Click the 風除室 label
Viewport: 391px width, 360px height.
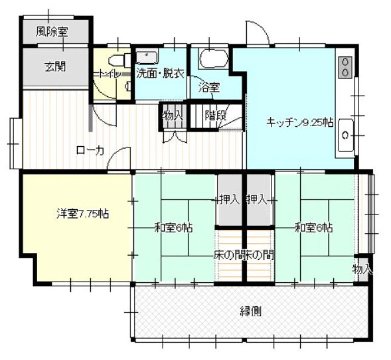click(x=52, y=32)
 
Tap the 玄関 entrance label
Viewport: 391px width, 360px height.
click(x=55, y=67)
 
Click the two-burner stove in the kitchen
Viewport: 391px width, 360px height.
click(x=346, y=67)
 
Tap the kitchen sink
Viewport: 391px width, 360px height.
click(x=346, y=135)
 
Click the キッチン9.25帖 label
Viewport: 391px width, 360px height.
click(x=300, y=122)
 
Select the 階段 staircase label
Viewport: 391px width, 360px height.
click(x=216, y=115)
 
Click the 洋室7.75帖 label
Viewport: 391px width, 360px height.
click(x=83, y=214)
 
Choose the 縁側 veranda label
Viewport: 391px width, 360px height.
click(x=251, y=312)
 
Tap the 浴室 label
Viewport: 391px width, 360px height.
click(x=209, y=88)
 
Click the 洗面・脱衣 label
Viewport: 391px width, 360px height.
click(x=160, y=74)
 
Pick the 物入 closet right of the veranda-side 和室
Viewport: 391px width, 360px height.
click(x=362, y=269)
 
